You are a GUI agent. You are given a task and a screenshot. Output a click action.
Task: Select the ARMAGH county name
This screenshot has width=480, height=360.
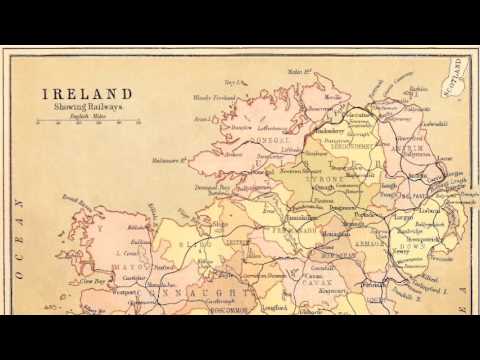371,238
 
